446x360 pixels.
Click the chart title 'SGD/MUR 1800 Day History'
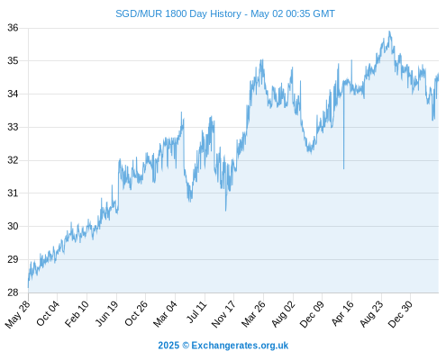click(178, 13)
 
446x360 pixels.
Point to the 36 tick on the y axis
click(13, 28)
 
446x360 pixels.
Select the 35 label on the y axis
click(13, 61)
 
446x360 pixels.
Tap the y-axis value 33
click(13, 127)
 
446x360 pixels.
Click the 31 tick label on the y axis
click(13, 193)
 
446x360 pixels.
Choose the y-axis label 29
click(13, 259)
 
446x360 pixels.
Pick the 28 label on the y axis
click(13, 292)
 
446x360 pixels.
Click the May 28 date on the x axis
click(18, 314)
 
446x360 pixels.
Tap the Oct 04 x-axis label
click(48, 313)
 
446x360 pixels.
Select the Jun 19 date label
click(107, 313)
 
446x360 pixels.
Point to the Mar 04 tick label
click(165, 314)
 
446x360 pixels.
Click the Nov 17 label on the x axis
click(223, 314)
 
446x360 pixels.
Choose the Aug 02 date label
click(283, 314)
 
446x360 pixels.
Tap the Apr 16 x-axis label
click(342, 313)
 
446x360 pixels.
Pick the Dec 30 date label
click(400, 314)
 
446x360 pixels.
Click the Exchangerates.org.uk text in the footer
click(240, 346)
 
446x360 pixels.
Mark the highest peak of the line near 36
click(389, 31)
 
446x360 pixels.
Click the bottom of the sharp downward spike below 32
click(343, 169)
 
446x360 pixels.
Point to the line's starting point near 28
click(28, 287)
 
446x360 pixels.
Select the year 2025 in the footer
click(168, 346)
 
